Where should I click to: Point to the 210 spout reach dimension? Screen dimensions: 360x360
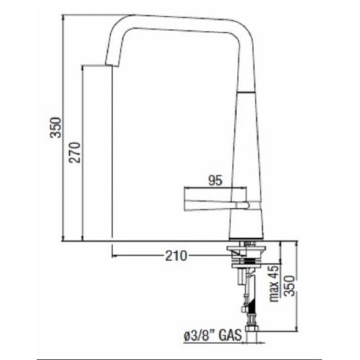176,256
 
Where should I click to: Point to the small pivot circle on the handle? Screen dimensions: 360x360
243,204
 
